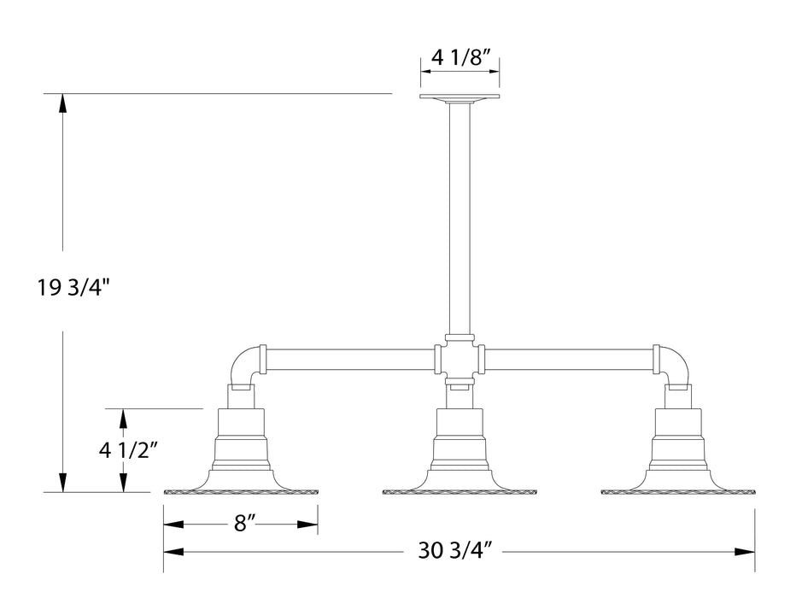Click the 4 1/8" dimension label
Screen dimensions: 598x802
(x=460, y=58)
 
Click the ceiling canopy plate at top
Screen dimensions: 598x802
(x=460, y=98)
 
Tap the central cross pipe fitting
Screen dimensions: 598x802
(x=460, y=358)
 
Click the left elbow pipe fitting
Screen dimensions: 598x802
(x=245, y=366)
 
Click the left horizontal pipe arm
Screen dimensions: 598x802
(x=350, y=359)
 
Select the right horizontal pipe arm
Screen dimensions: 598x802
(x=569, y=359)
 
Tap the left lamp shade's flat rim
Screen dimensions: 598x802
(x=242, y=492)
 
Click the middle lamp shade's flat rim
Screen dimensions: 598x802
(x=460, y=492)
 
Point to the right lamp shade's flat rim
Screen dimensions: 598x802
(x=678, y=492)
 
